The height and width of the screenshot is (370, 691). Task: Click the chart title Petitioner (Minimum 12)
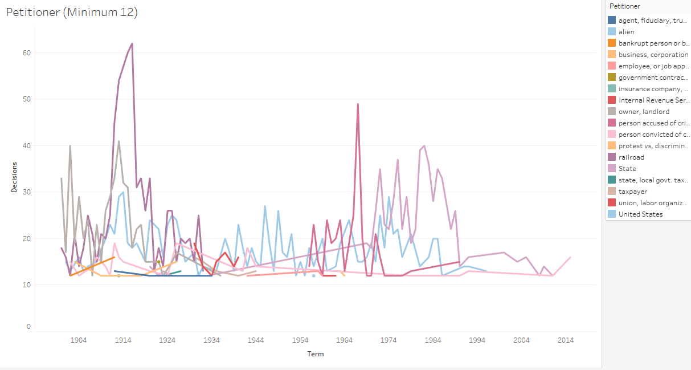72,13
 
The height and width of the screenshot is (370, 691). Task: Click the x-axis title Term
315,354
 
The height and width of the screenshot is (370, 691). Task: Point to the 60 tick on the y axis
26,53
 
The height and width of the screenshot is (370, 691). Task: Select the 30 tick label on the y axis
26,192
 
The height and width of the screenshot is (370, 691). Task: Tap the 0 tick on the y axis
28,327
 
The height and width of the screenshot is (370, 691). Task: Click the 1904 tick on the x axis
79,340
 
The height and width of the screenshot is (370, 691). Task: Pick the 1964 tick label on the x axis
344,340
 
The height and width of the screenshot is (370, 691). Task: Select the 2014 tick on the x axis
566,340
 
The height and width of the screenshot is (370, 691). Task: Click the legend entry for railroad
631,157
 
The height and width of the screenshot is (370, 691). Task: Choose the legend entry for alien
626,32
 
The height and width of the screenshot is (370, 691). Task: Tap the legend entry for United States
640,214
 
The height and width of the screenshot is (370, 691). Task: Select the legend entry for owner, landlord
644,112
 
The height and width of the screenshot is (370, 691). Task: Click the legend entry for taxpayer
632,192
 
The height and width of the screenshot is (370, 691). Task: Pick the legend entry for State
627,169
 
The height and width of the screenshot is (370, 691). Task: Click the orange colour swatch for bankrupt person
612,43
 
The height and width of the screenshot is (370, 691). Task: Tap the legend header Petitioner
625,6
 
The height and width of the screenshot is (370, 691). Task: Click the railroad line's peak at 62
132,43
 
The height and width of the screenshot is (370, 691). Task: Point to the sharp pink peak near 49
358,104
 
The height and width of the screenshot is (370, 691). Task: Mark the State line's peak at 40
424,146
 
